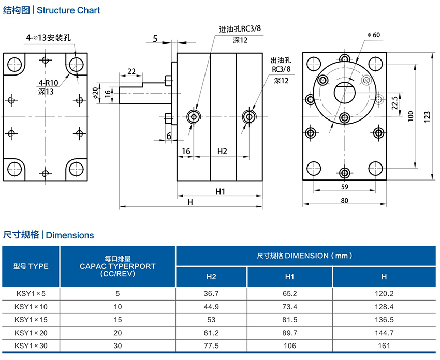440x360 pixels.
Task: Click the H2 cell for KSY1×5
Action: click(x=211, y=293)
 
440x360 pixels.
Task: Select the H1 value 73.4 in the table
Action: click(x=289, y=306)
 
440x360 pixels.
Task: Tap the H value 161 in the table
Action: click(x=384, y=345)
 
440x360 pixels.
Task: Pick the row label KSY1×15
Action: click(x=31, y=319)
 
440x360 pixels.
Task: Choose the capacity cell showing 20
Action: click(x=118, y=332)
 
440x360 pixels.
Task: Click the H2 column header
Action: click(x=211, y=277)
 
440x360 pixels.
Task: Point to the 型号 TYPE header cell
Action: click(x=31, y=266)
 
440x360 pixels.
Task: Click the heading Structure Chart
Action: click(x=69, y=10)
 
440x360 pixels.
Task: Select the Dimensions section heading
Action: click(x=70, y=235)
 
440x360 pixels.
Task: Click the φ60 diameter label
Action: click(x=373, y=35)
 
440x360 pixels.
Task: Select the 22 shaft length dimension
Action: click(x=131, y=71)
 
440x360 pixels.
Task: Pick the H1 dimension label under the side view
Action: click(x=221, y=191)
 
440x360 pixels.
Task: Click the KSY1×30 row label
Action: click(x=31, y=345)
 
